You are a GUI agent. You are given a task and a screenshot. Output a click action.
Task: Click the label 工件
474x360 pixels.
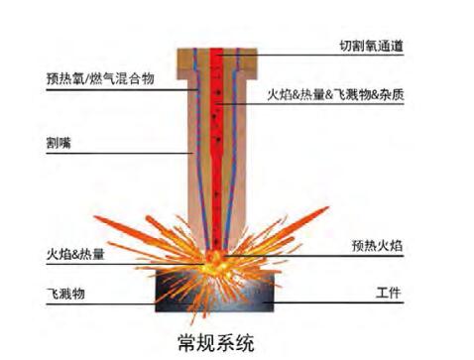(388, 293)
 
